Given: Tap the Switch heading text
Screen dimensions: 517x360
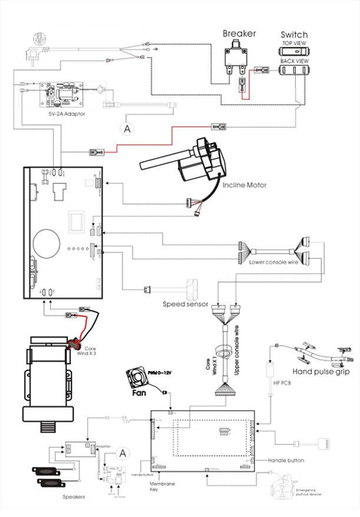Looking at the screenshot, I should tap(294, 34).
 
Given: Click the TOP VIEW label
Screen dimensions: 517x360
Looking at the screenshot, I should tap(293, 44).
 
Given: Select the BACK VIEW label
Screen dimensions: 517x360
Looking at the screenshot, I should tap(293, 63).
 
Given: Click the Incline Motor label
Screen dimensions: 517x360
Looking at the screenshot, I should tap(244, 185).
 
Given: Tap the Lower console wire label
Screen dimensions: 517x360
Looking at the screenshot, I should tap(273, 261).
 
